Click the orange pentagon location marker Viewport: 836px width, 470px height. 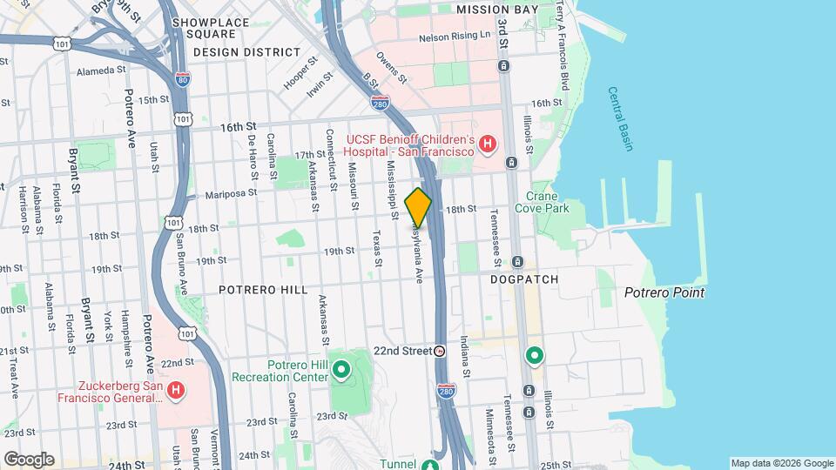coord(418,208)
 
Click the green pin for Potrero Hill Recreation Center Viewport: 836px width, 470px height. coord(341,372)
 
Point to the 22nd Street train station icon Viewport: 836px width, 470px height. coord(440,351)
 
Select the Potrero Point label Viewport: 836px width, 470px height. coord(664,293)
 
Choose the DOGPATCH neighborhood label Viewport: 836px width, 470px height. coord(522,279)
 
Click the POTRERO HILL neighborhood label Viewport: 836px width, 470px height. coord(263,289)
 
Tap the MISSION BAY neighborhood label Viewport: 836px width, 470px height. coord(491,10)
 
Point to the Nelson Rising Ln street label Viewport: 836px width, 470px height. coord(455,38)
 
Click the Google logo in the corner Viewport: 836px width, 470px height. coord(29,459)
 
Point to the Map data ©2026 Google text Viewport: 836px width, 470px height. coord(781,463)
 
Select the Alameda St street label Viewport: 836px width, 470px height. coord(102,72)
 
